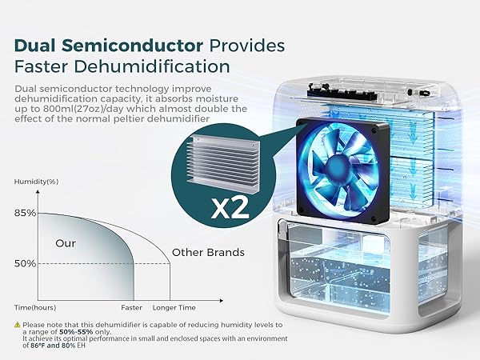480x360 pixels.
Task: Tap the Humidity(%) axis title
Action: click(36, 182)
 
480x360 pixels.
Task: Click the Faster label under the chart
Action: click(131, 307)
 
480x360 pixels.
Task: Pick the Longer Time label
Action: click(173, 307)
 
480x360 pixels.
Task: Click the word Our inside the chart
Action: click(66, 242)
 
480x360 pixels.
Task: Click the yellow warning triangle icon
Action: click(17, 324)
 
